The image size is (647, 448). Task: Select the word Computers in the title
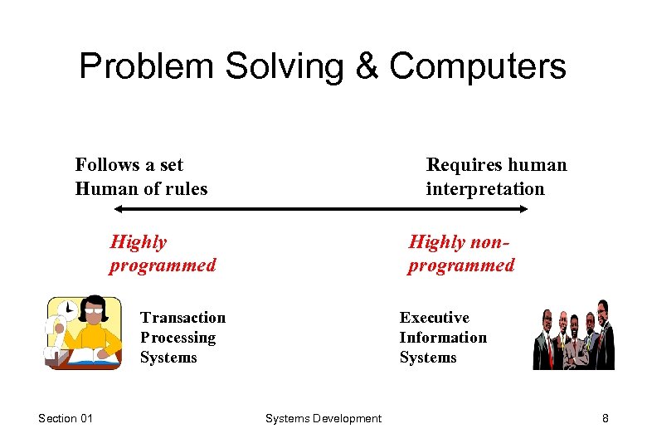coord(478,67)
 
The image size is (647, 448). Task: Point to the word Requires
coord(461,165)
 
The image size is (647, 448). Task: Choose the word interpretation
coord(485,189)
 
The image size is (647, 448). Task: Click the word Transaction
coord(182,318)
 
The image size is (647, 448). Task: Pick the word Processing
coord(178,338)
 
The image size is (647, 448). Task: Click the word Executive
coord(434,318)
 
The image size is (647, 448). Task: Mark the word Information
coord(443,338)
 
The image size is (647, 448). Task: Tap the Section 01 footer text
coord(66,418)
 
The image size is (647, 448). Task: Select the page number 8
coord(605,418)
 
